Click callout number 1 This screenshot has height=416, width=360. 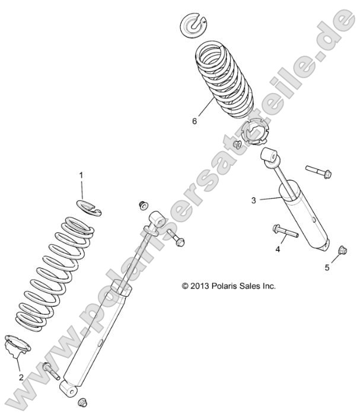[x=82, y=175]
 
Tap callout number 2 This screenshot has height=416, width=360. [x=21, y=377]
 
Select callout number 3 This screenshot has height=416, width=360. [x=253, y=200]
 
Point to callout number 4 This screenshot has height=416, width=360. [x=277, y=249]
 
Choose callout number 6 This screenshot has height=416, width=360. [x=194, y=121]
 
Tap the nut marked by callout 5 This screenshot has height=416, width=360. [x=341, y=250]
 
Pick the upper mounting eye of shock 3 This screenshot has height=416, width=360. [x=269, y=156]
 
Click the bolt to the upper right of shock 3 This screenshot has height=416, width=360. [x=318, y=171]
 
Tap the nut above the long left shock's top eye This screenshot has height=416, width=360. [x=142, y=205]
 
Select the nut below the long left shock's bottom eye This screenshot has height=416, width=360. [x=83, y=403]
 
